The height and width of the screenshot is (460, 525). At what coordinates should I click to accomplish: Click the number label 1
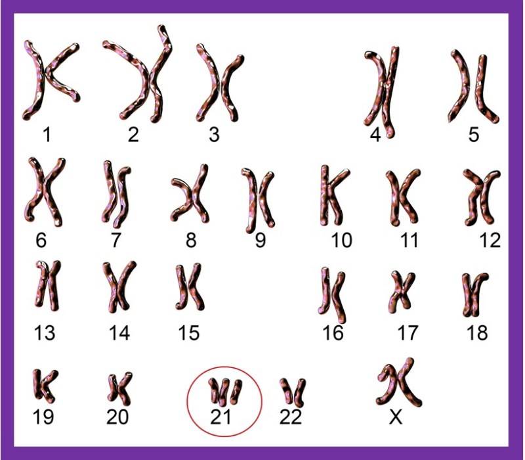[47, 134]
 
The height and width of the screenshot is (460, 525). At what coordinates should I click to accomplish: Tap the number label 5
[473, 134]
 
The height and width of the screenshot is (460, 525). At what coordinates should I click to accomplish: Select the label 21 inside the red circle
[220, 417]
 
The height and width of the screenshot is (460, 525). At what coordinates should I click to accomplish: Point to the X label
[396, 417]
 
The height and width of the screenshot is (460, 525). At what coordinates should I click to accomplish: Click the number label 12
[490, 240]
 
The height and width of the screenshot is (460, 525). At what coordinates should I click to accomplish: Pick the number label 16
[333, 333]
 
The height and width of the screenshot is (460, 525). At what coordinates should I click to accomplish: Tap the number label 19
[43, 417]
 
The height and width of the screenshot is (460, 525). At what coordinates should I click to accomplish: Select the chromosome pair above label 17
[402, 291]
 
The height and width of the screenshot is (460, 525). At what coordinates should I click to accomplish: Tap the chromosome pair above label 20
[120, 389]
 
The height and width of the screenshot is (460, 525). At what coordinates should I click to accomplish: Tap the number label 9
[260, 240]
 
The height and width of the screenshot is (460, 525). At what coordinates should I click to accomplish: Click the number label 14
[119, 333]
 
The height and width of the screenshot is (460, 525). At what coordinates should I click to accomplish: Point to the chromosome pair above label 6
[44, 191]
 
